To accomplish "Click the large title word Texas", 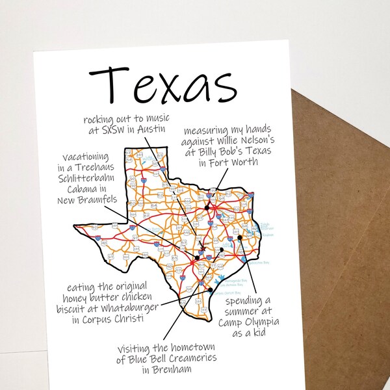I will pos(162,84).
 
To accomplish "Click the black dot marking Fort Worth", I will pos(207,208).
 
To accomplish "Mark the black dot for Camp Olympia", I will pos(239,238).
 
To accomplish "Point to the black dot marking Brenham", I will pos(221,250).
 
